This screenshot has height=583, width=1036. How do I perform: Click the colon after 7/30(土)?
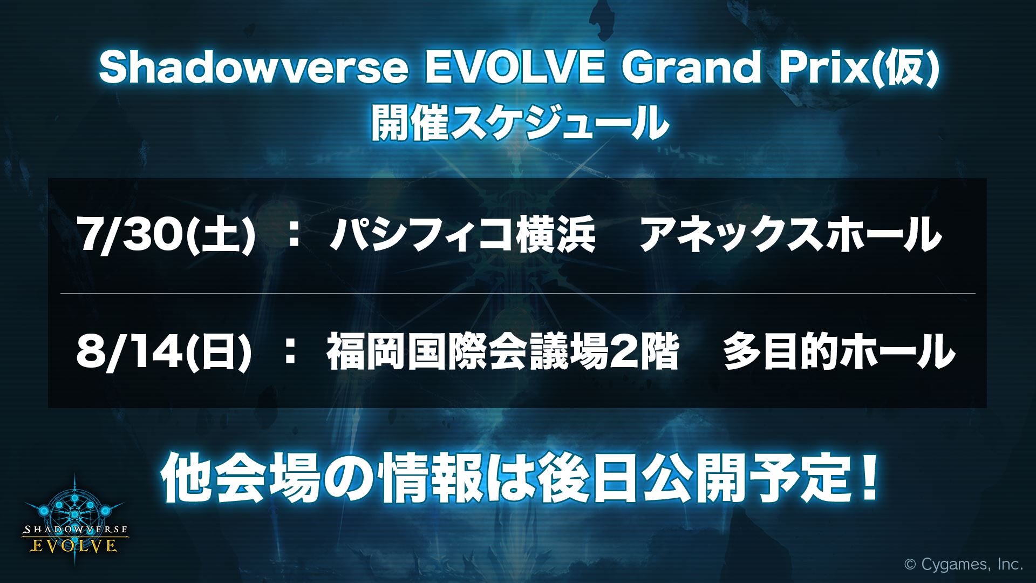(295, 236)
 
